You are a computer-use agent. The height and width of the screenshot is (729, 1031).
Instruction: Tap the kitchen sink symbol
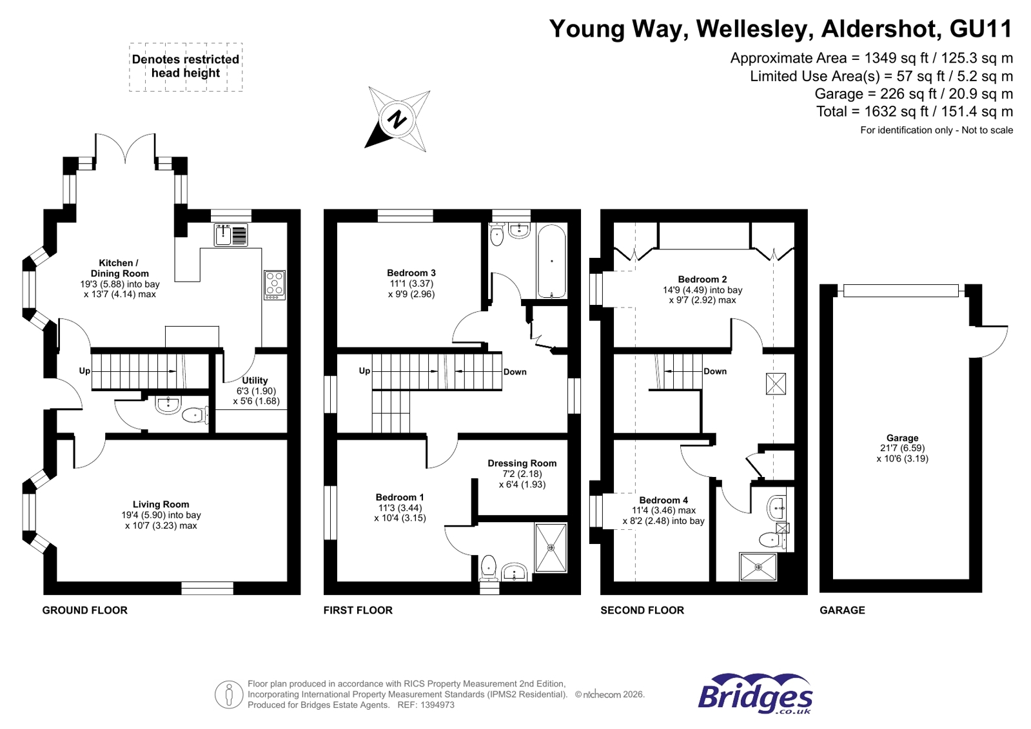pyautogui.click(x=231, y=235)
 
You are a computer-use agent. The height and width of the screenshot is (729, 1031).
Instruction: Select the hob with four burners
pyautogui.click(x=275, y=284)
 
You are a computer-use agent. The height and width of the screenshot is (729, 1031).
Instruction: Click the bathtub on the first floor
pyautogui.click(x=551, y=261)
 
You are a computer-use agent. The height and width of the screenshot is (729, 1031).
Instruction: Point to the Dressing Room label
pyautogui.click(x=522, y=463)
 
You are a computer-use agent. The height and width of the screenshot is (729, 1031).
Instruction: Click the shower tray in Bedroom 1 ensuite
pyautogui.click(x=551, y=548)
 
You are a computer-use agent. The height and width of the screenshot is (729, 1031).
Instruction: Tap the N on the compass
pyautogui.click(x=398, y=120)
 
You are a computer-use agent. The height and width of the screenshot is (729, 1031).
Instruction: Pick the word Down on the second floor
pyautogui.click(x=714, y=371)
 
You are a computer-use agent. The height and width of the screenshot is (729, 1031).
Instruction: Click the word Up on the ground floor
pyautogui.click(x=84, y=371)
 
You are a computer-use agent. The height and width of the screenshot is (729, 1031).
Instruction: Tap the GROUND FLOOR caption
pyautogui.click(x=84, y=610)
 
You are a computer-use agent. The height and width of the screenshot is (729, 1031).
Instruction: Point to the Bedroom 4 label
pyautogui.click(x=663, y=500)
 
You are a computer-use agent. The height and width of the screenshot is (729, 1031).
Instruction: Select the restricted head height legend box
pyautogui.click(x=186, y=67)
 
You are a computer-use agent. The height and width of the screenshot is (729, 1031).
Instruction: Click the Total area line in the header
pyautogui.click(x=914, y=112)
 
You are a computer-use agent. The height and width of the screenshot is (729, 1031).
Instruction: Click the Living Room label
pyautogui.click(x=161, y=505)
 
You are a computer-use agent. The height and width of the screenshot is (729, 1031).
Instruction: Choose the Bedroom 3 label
pyautogui.click(x=411, y=273)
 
